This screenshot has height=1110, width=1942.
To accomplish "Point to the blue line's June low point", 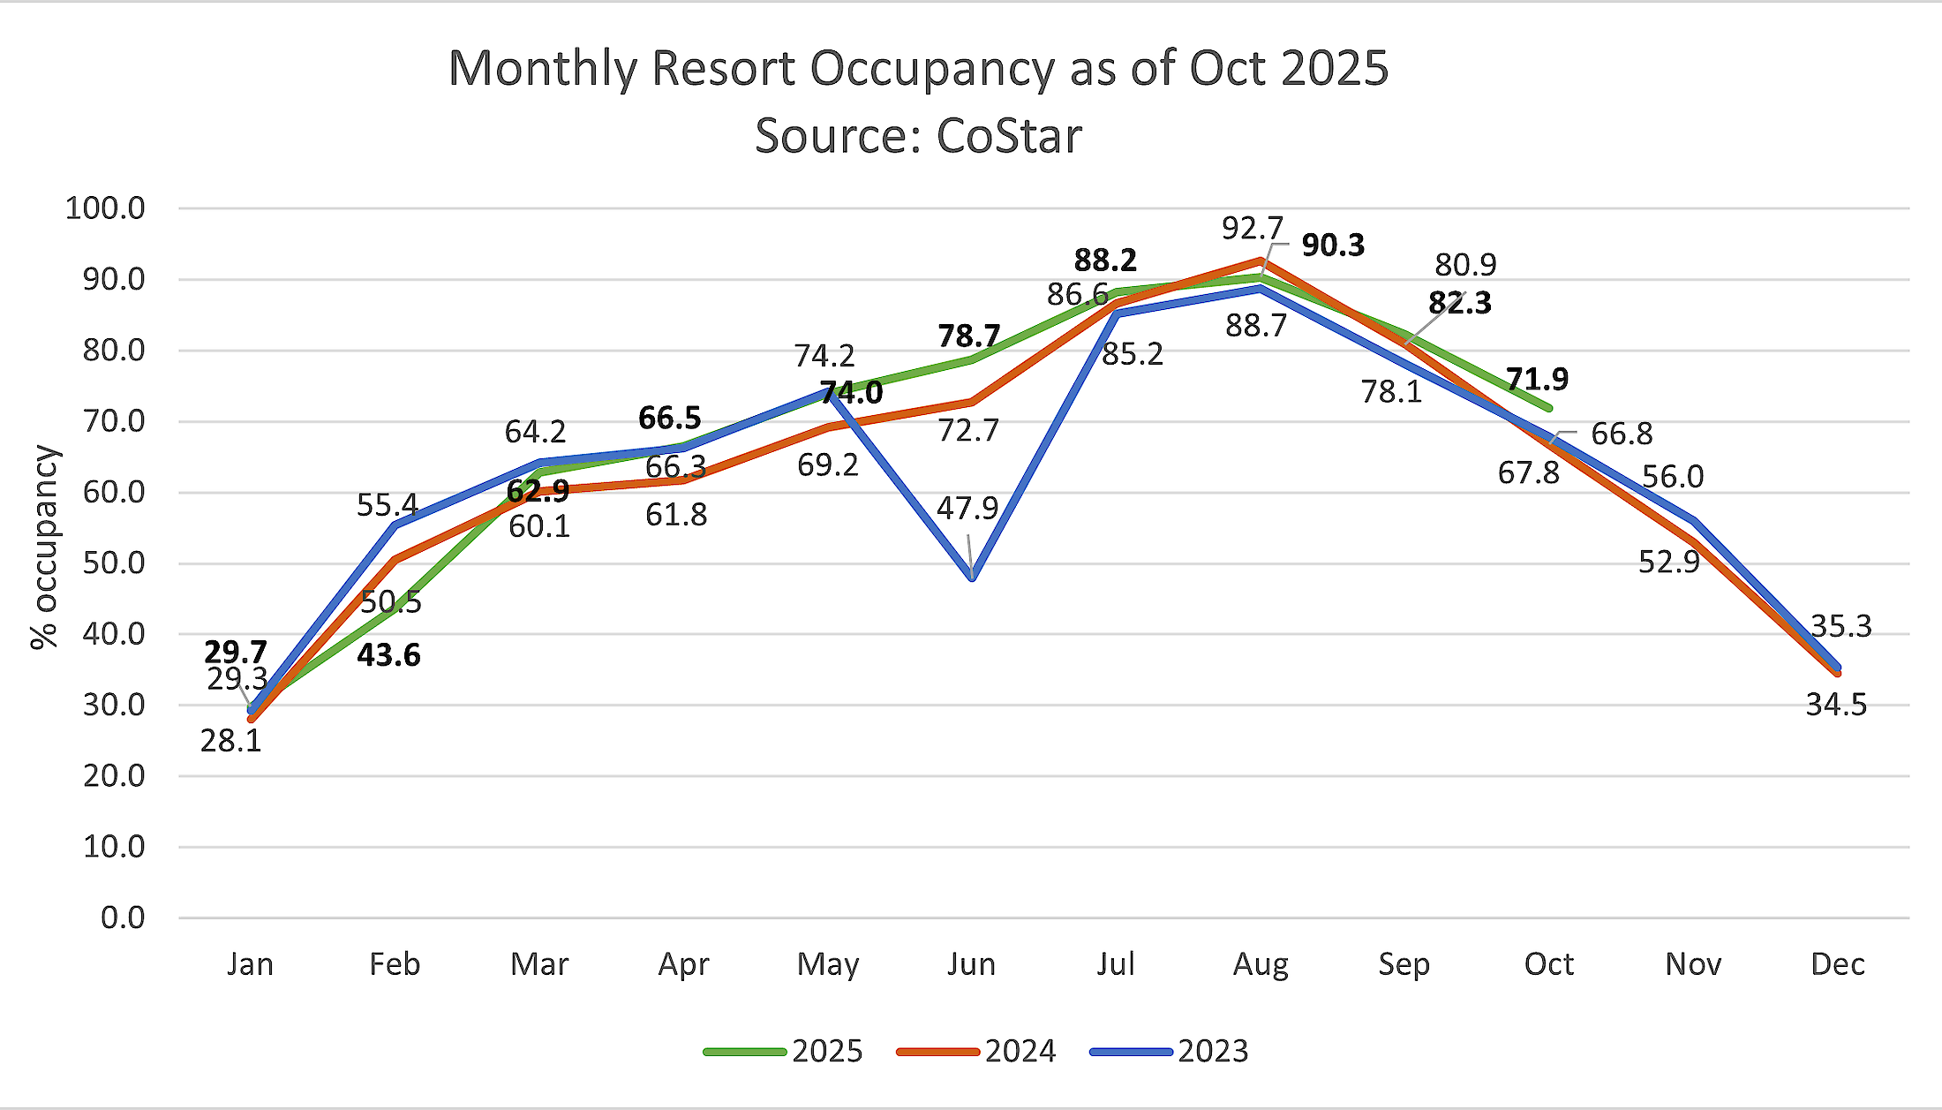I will pyautogui.click(x=972, y=578).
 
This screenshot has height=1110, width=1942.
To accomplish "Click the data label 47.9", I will pyautogui.click(x=967, y=509).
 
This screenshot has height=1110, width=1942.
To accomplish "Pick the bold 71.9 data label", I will pyautogui.click(x=1537, y=380).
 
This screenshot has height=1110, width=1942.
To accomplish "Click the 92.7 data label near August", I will pyautogui.click(x=1252, y=229).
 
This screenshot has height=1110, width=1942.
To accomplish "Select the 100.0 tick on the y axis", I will pyautogui.click(x=105, y=208).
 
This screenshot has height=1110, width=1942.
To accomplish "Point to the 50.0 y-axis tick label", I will pyautogui.click(x=113, y=563).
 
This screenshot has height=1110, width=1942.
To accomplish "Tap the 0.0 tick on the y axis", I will pyautogui.click(x=123, y=918).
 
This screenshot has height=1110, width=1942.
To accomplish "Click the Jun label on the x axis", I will pyautogui.click(x=971, y=964).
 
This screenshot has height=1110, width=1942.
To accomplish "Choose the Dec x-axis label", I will pyautogui.click(x=1837, y=964).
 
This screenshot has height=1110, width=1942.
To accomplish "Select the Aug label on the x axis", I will pyautogui.click(x=1261, y=964).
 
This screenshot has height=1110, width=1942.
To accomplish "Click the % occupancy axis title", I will pyautogui.click(x=44, y=547).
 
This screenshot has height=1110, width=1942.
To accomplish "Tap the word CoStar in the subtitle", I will pyautogui.click(x=1008, y=136).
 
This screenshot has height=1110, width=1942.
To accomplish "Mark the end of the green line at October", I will pyautogui.click(x=1549, y=408).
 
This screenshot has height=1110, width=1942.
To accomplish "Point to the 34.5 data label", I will pyautogui.click(x=1836, y=705).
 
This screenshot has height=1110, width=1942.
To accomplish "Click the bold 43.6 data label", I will pyautogui.click(x=388, y=655).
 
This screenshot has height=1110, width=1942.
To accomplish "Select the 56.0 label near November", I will pyautogui.click(x=1673, y=477).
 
